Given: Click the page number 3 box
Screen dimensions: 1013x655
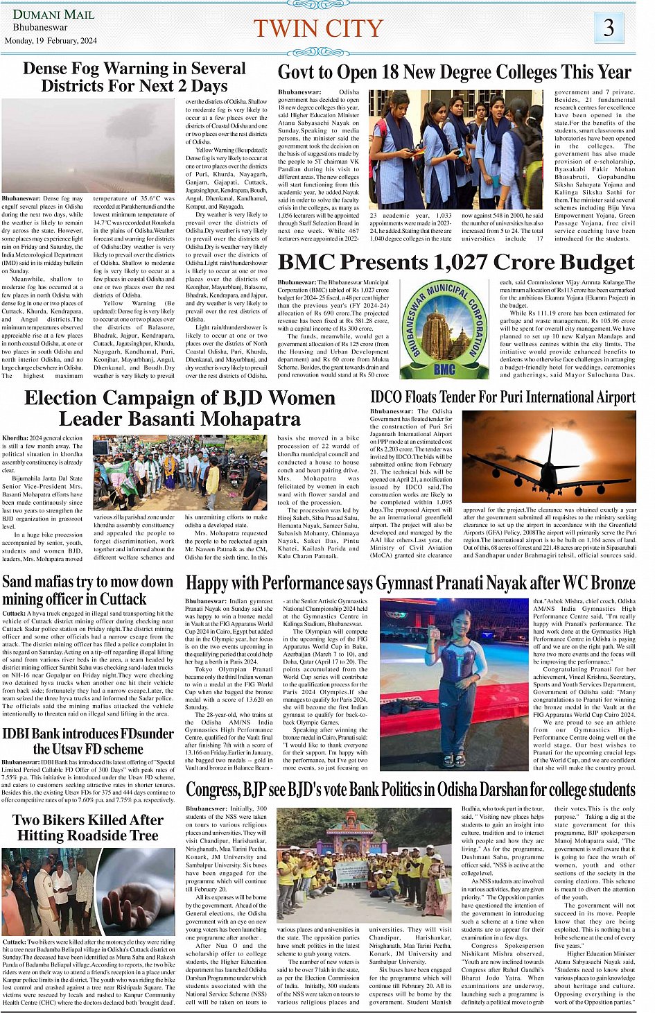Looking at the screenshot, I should click(x=609, y=28).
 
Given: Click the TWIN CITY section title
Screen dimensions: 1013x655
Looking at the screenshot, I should click(x=318, y=28).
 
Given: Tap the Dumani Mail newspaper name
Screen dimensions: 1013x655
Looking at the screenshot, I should click(x=53, y=14).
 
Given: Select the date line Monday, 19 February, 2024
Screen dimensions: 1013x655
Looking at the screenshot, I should click(x=51, y=40).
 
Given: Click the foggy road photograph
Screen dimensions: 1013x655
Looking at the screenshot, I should click(x=88, y=146).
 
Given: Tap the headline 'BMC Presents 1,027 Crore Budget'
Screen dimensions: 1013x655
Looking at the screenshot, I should click(x=455, y=262).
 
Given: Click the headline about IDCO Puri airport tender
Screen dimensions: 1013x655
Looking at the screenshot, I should click(x=503, y=397).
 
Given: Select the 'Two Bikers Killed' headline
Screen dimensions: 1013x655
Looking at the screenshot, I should click(x=88, y=828).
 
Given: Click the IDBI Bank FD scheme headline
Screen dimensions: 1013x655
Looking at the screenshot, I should click(x=88, y=741).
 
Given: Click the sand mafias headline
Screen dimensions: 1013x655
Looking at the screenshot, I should click(x=88, y=590).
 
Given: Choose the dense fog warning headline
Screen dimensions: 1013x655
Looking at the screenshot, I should click(x=134, y=77).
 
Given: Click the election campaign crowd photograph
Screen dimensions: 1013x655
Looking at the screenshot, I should click(x=180, y=472).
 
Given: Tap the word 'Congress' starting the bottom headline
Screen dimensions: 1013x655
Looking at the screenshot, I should click(x=212, y=790).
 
